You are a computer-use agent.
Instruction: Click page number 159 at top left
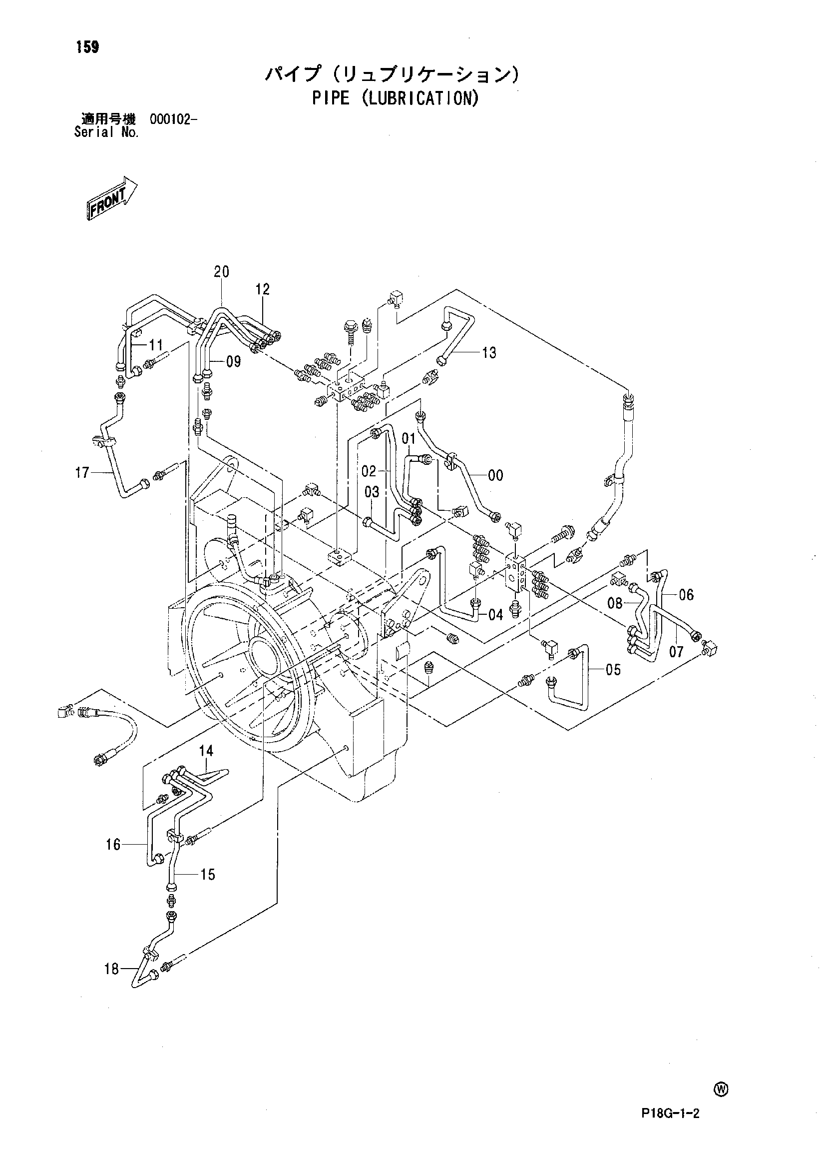click(x=87, y=47)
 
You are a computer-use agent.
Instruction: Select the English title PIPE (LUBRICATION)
click(x=395, y=98)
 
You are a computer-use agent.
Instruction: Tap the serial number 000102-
click(x=174, y=120)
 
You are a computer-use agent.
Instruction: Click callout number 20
click(x=222, y=272)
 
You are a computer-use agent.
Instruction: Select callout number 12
click(x=262, y=289)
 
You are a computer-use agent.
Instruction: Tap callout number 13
click(x=489, y=353)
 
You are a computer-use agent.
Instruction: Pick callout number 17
click(x=82, y=473)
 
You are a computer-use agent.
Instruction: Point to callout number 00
click(x=495, y=475)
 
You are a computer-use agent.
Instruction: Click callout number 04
click(x=495, y=615)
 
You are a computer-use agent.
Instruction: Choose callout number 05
click(x=613, y=670)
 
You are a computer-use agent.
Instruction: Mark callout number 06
click(x=687, y=595)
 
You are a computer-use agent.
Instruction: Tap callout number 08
click(x=615, y=603)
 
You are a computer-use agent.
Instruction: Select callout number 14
click(x=206, y=751)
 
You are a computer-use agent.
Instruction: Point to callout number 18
click(x=111, y=969)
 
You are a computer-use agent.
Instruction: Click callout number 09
click(x=233, y=362)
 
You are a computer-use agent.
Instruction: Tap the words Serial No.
click(x=106, y=132)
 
